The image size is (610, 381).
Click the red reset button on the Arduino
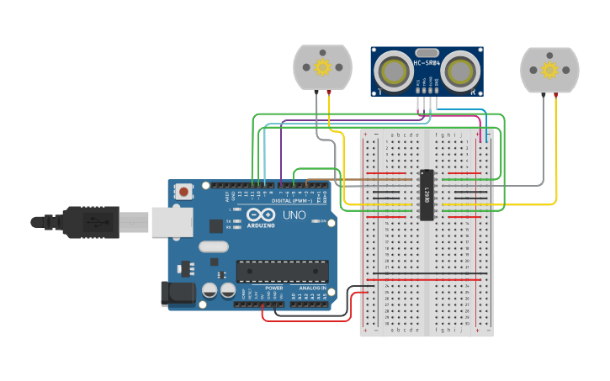pos(183,192)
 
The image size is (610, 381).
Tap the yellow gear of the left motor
pos(322,66)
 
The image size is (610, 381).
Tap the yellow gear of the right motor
pos(549,70)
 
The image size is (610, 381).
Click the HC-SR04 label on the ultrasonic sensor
pos(427,62)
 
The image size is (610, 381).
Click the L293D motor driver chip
pos(427,194)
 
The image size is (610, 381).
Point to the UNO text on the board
pos(294,215)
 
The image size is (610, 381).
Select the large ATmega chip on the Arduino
pos(281,271)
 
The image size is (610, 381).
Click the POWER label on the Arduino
pos(274,288)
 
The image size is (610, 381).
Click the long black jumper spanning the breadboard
pos(427,278)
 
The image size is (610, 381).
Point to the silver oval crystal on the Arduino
pos(214,247)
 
